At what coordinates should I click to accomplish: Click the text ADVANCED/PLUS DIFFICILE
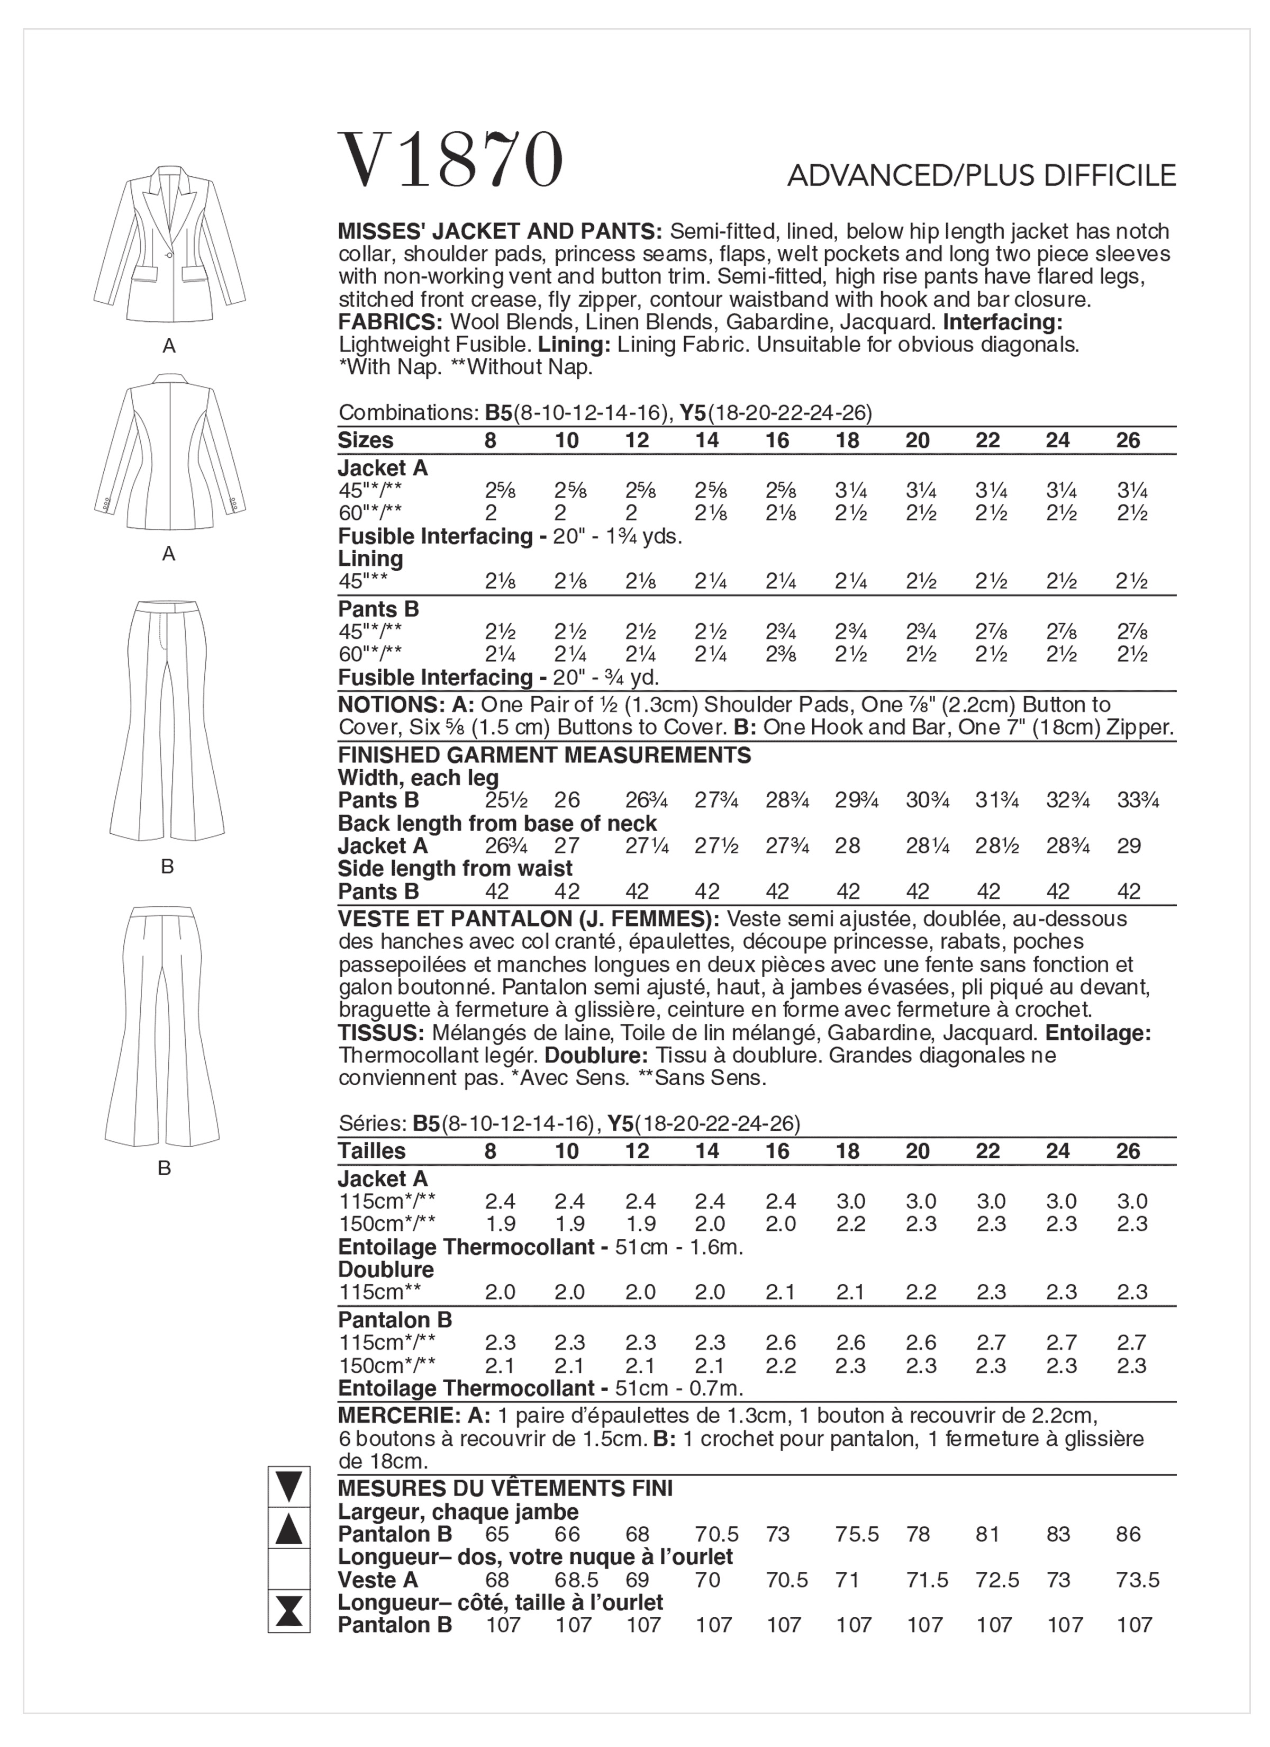981,176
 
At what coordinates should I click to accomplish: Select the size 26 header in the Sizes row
1128,440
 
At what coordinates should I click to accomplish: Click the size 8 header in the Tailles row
491,1151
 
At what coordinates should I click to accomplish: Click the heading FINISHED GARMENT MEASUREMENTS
545,755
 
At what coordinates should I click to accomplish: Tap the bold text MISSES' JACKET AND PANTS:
501,232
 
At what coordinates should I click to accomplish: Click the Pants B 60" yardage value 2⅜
777,654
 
